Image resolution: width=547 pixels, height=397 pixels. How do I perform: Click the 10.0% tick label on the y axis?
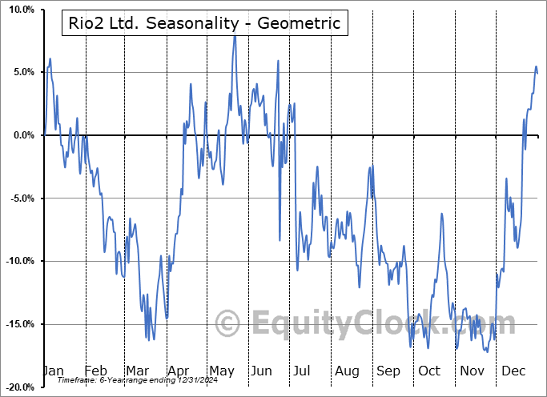(18, 10)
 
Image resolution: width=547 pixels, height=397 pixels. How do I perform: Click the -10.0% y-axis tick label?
(17, 261)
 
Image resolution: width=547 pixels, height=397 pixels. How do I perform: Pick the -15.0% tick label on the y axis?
(17, 324)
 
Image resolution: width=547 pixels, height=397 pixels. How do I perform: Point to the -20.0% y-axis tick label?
(17, 387)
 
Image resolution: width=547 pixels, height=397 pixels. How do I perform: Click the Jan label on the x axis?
(53, 371)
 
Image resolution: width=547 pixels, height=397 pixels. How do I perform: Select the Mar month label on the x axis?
(136, 371)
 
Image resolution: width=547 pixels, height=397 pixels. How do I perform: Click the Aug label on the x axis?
(347, 371)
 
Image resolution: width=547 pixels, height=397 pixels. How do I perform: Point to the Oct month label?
(429, 371)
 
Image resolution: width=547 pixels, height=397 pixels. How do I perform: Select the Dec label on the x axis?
(513, 371)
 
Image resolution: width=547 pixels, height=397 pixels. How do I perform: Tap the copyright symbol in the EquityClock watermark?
(228, 324)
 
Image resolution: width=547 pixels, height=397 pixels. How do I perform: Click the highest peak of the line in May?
(235, 37)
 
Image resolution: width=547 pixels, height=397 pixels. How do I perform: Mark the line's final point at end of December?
(537, 74)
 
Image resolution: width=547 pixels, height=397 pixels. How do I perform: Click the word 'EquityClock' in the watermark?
(345, 324)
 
